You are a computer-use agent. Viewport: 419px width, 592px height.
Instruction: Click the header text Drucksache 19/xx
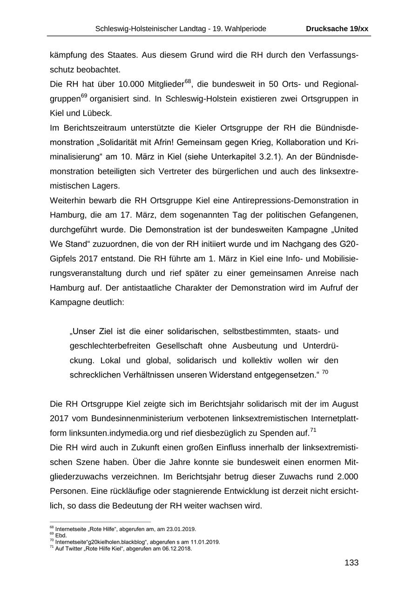pyautogui.click(x=337, y=29)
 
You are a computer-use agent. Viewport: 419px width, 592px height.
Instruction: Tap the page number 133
pyautogui.click(x=351, y=563)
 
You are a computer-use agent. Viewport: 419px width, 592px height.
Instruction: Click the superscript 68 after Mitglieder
pyautogui.click(x=188, y=82)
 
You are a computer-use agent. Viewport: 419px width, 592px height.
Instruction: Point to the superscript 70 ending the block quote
pyautogui.click(x=325, y=372)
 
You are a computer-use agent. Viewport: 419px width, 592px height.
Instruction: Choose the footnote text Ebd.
pyautogui.click(x=61, y=535)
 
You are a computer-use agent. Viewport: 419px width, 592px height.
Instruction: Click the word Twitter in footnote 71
pyautogui.click(x=74, y=548)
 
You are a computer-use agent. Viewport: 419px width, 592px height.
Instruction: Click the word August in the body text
pyautogui.click(x=344, y=404)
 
